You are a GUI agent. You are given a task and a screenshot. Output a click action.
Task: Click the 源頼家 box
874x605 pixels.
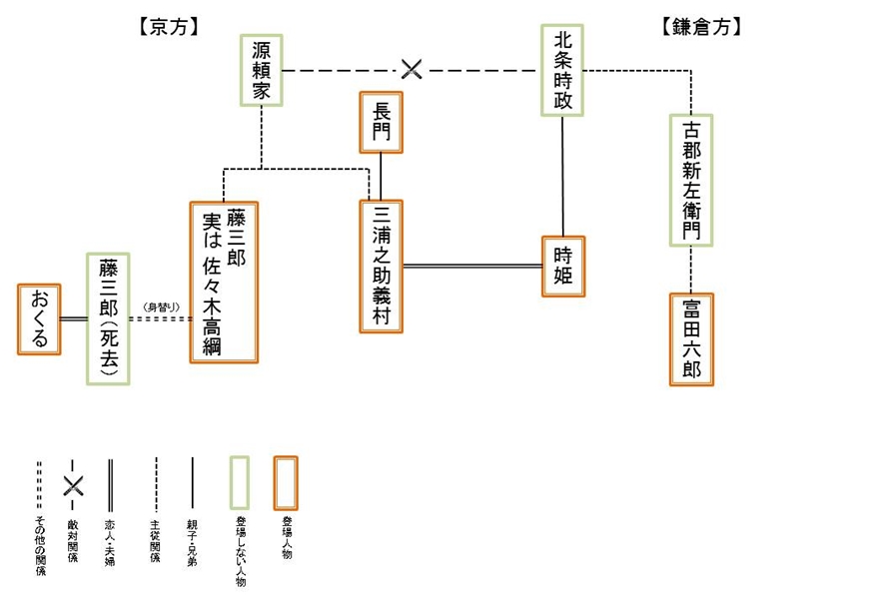pyautogui.click(x=262, y=71)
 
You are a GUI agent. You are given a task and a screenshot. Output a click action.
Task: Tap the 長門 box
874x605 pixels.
pyautogui.click(x=381, y=122)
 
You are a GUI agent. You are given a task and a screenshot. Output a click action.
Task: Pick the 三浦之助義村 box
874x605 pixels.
pyautogui.click(x=382, y=266)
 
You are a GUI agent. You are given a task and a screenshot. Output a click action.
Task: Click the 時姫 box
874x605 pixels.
pyautogui.click(x=562, y=266)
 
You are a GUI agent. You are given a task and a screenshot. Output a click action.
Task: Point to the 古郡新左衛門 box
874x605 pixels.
pyautogui.click(x=691, y=180)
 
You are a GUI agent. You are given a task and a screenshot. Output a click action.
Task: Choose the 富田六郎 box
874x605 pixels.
pyautogui.click(x=691, y=338)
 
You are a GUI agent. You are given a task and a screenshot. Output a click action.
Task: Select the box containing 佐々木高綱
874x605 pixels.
pyautogui.click(x=224, y=283)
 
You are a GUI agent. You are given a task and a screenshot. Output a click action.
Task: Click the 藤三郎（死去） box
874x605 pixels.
pyautogui.click(x=108, y=317)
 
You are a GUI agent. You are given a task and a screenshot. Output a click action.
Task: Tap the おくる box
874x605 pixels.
pyautogui.click(x=40, y=318)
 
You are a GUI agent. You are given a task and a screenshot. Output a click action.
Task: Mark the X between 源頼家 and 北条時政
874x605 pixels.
pyautogui.click(x=412, y=70)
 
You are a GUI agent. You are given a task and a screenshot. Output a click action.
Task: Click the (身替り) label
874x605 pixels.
pyautogui.click(x=161, y=305)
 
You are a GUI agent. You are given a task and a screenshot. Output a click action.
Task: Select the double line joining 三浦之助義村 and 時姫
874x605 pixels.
pyautogui.click(x=472, y=266)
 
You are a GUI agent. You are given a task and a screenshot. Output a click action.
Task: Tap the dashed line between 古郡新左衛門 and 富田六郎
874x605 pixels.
pyautogui.click(x=691, y=269)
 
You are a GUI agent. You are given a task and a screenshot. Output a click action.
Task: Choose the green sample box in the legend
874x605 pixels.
pyautogui.click(x=241, y=482)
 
